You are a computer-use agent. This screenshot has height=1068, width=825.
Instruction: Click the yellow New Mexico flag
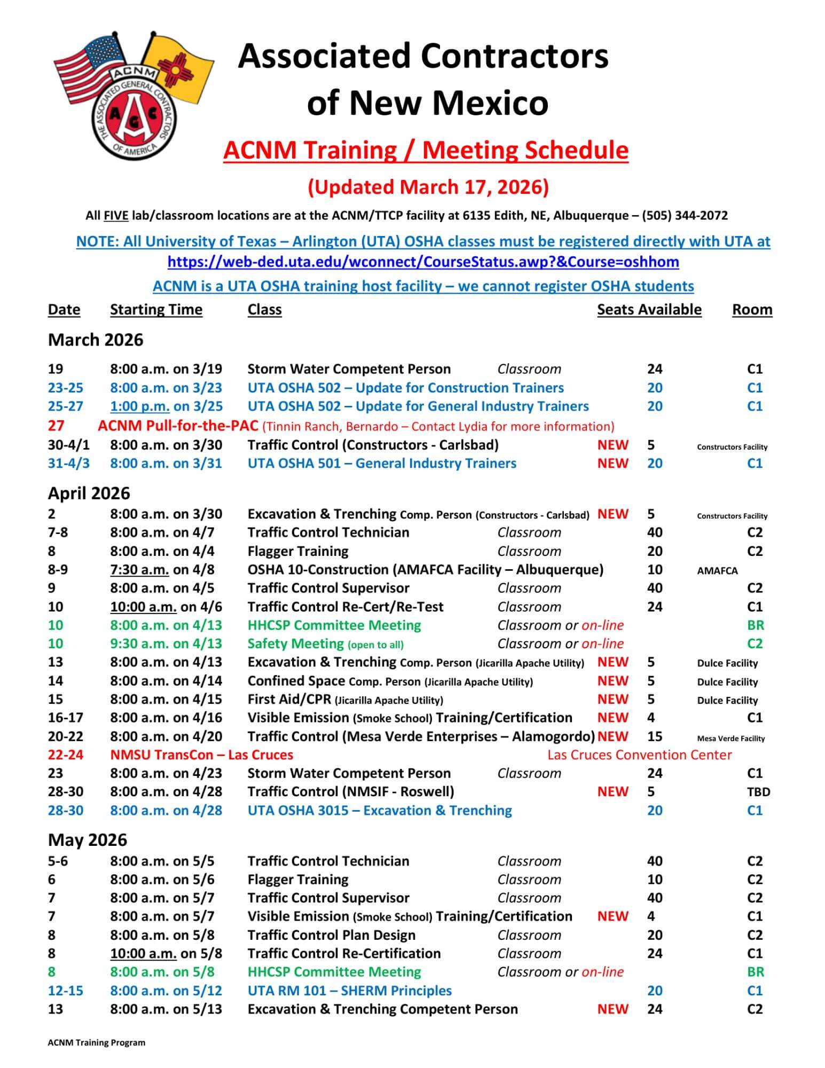pos(176,69)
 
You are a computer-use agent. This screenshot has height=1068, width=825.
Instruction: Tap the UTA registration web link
pos(423,262)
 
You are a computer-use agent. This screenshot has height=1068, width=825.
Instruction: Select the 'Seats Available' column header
pos(649,310)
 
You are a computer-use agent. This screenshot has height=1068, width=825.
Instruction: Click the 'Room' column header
pos(752,310)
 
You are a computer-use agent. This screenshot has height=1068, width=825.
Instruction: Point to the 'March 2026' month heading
pos(96,340)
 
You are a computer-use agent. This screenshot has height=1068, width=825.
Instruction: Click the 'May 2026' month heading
pos(88,840)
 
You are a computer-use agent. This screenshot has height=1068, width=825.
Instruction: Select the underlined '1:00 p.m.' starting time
pos(140,406)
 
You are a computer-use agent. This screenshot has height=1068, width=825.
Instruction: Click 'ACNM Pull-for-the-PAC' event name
pos(178,426)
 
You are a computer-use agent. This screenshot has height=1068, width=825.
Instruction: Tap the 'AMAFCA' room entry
pos(717,570)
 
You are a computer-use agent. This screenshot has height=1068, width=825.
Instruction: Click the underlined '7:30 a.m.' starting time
pos(140,570)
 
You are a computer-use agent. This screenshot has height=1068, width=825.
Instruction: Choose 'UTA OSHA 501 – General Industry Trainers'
pos(382,464)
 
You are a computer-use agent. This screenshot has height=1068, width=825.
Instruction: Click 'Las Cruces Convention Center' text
pos(639,755)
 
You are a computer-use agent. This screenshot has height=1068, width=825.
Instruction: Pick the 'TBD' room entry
pos(758,792)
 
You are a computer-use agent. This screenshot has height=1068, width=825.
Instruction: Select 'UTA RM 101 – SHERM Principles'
pos(350,991)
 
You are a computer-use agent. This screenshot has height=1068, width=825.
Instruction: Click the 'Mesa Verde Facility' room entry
pos(730,739)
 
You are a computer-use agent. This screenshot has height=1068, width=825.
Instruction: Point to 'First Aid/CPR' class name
pos(289,700)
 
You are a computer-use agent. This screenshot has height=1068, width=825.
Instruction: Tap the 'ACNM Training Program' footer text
pos(96,1042)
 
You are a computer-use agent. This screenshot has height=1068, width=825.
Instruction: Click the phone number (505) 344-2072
pos(685,216)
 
